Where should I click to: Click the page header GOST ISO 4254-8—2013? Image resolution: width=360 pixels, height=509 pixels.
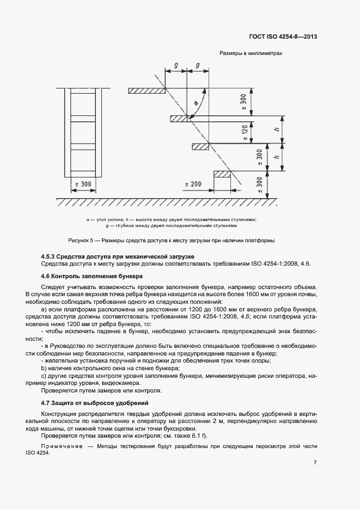pyautogui.click(x=291, y=37)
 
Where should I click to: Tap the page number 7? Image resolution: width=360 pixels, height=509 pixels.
pyautogui.click(x=315, y=463)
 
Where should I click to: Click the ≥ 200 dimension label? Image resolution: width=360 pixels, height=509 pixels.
pyautogui.click(x=193, y=185)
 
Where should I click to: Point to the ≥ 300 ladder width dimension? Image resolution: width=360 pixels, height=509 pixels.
pyautogui.click(x=82, y=185)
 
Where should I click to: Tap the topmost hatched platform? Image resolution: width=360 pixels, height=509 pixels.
pyautogui.click(x=147, y=90)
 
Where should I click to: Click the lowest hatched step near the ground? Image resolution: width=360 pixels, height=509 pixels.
pyautogui.click(x=222, y=174)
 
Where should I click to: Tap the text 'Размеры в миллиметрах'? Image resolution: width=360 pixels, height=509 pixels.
pyautogui.click(x=250, y=54)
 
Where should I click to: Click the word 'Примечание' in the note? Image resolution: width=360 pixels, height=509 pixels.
pyautogui.click(x=59, y=446)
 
